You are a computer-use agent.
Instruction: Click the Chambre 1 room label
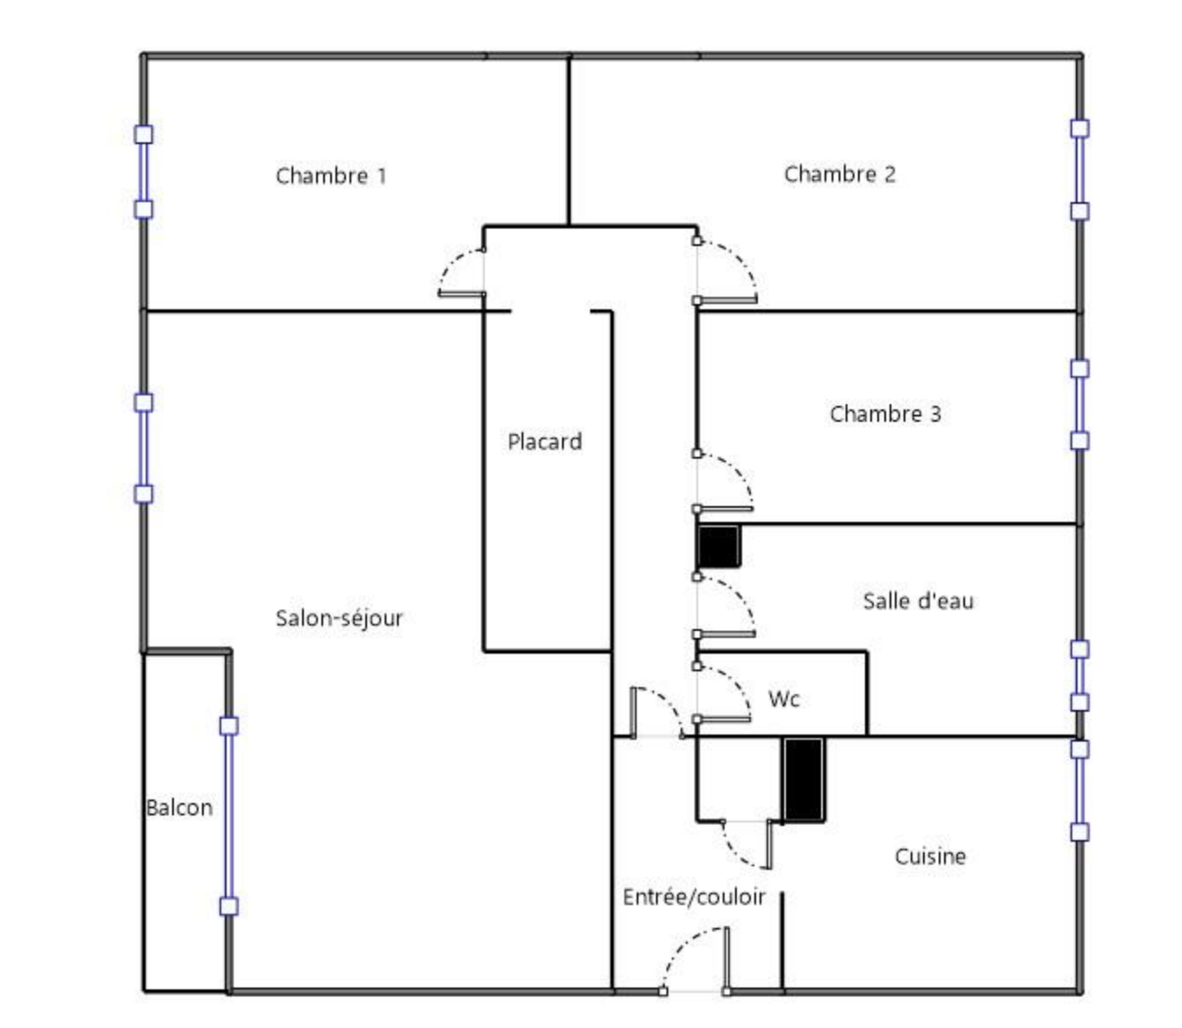pos(330,176)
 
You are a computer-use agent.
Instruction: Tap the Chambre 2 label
pos(840,174)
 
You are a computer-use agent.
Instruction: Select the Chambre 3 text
pos(885,414)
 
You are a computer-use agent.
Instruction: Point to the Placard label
pos(544,441)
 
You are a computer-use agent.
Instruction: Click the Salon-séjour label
pos(339,619)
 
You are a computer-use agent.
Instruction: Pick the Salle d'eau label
pos(918,601)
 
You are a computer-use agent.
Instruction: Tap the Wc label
pos(783,699)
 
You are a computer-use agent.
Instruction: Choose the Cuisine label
pos(930,857)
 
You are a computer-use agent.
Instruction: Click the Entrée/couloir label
pos(694,897)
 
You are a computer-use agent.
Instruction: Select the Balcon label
pos(179,807)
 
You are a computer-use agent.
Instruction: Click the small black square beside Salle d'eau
pos(718,547)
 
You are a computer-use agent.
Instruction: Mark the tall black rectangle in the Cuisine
pos(804,779)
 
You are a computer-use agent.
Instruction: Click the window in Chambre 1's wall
pos(144,171)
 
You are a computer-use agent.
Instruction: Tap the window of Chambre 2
pos(1079,170)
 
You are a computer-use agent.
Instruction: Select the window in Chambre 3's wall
pos(1079,404)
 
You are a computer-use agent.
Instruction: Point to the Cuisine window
pos(1079,791)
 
